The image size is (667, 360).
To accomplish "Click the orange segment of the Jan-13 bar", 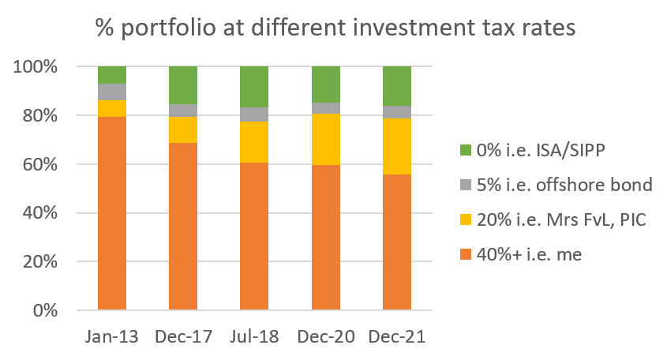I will pos(112,213).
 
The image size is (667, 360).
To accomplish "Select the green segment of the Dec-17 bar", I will pos(183,85).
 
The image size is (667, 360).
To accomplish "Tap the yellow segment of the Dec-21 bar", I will pos(397,146).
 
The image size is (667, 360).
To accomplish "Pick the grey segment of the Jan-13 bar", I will pos(112,92).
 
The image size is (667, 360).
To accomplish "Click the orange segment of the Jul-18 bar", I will pos(254,236).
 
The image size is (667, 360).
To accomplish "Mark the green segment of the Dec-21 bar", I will pos(397,86).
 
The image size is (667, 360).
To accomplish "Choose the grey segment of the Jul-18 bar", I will pos(254,114).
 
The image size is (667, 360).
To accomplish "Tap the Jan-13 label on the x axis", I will pos(112,337).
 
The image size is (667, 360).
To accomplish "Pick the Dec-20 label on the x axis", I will pos(326,337).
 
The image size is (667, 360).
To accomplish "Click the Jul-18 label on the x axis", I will pos(254,337).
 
